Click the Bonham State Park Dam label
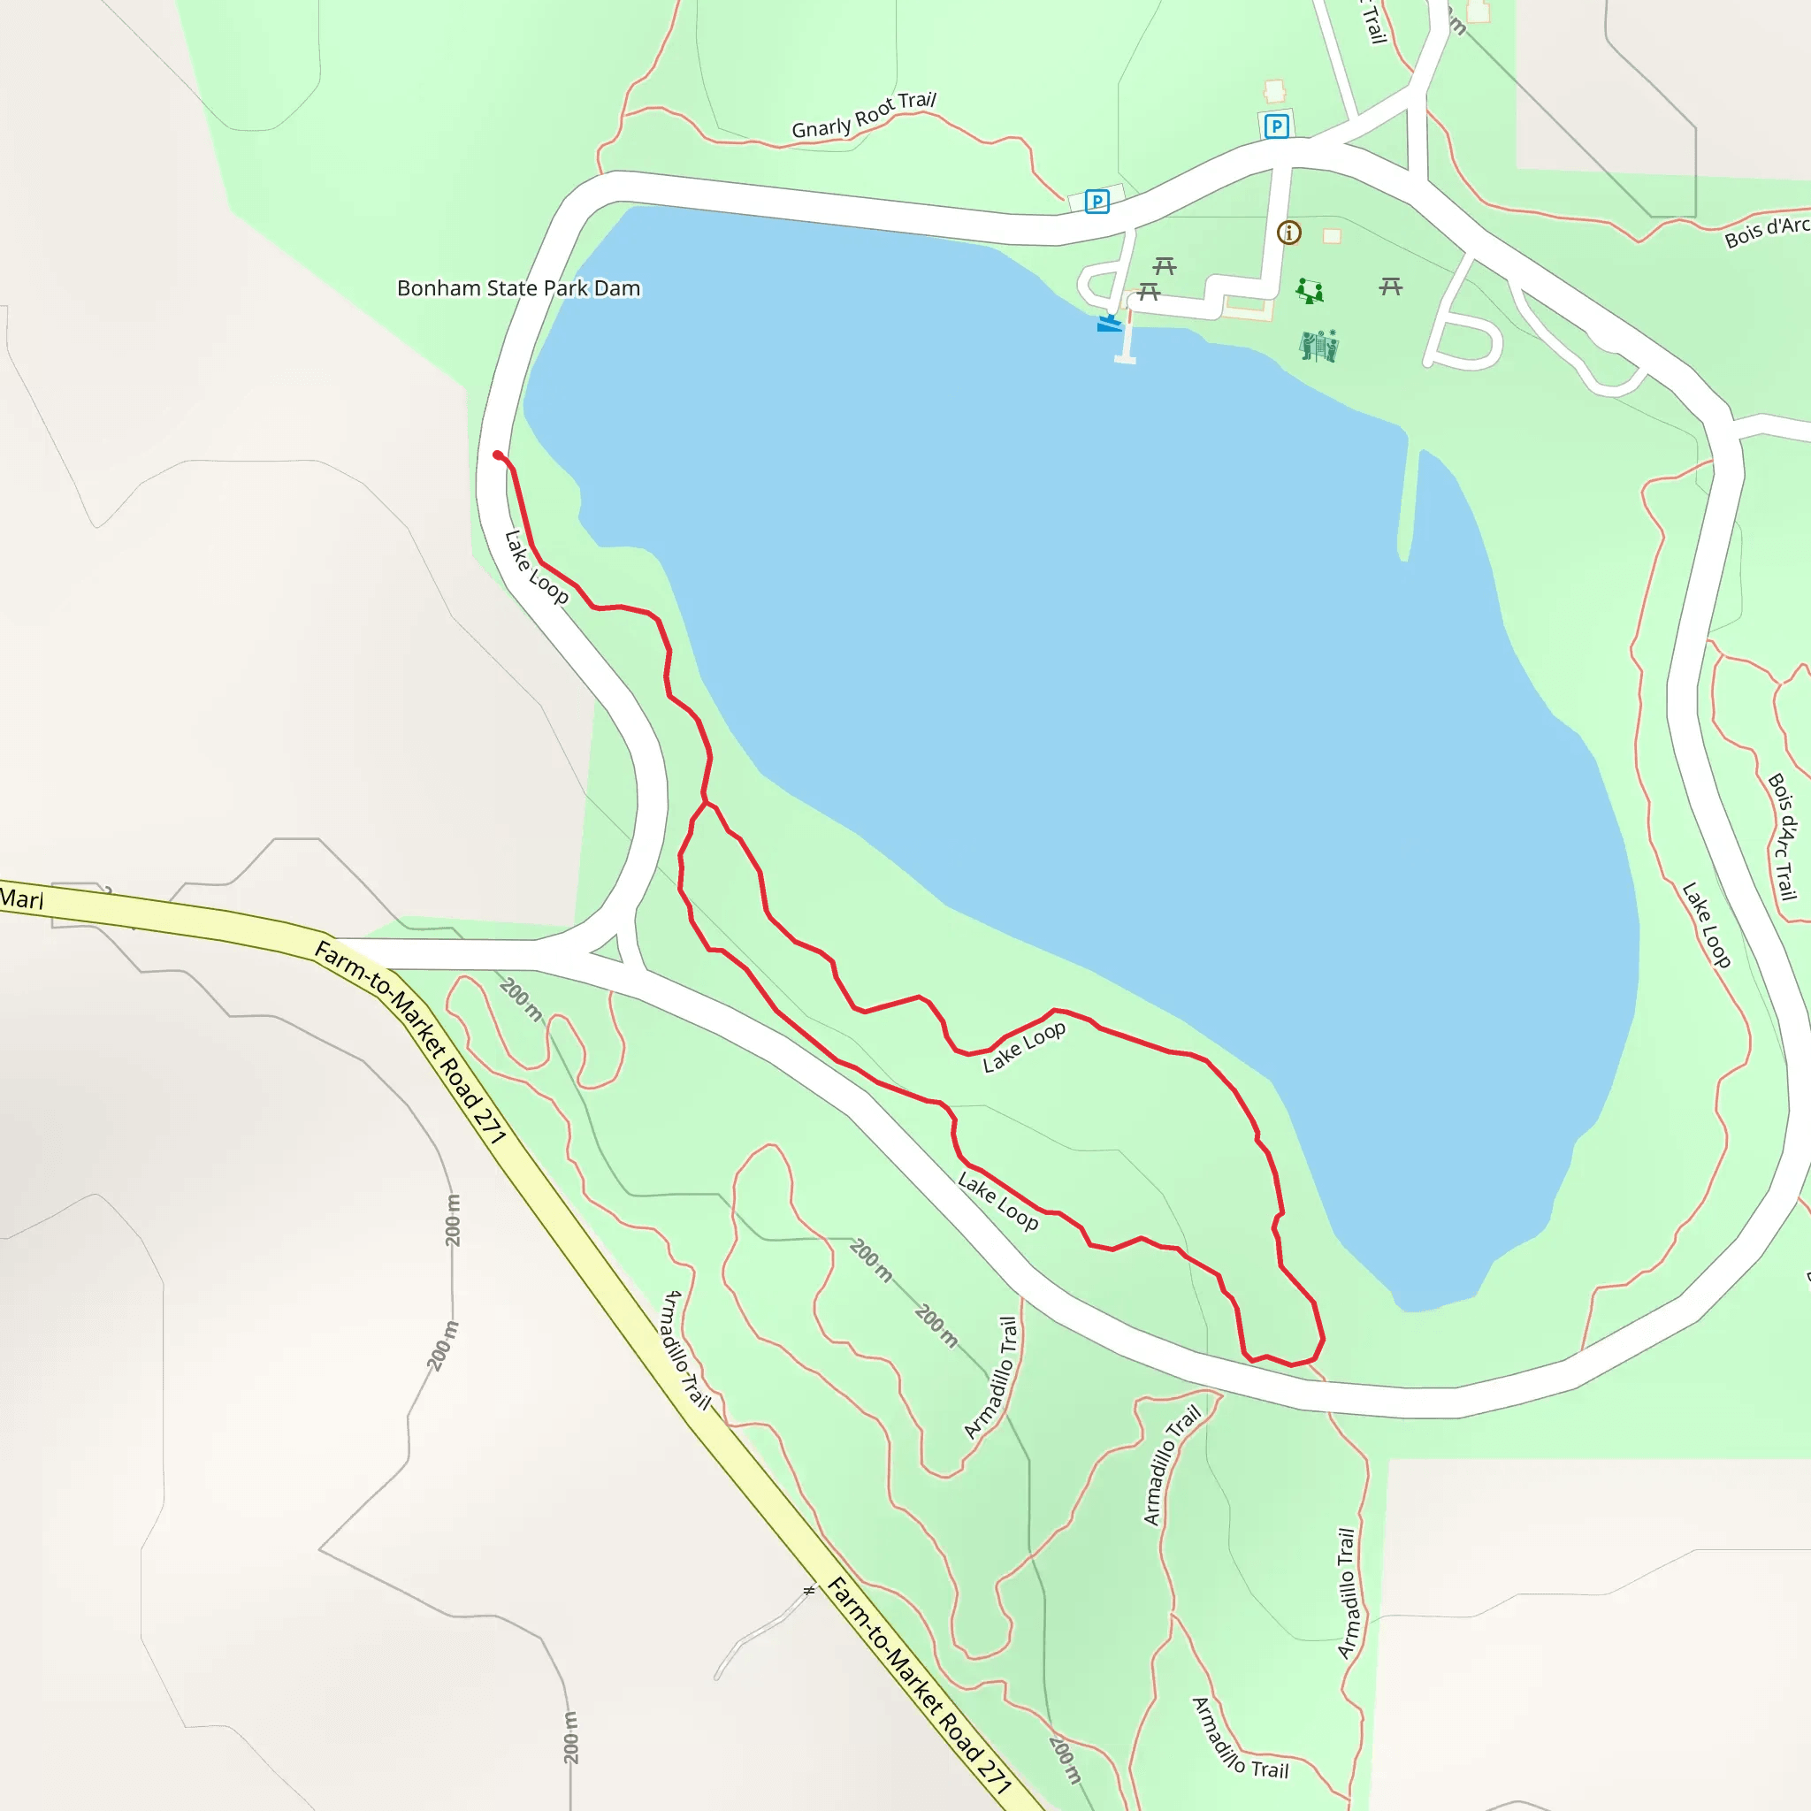click(518, 287)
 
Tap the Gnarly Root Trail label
click(863, 115)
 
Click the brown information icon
click(1289, 233)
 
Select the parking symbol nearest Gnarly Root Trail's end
click(1097, 201)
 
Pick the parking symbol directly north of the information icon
click(1276, 126)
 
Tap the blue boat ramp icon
click(1109, 324)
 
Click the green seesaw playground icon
click(1310, 291)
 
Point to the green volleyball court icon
click(1318, 346)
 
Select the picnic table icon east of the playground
click(1391, 286)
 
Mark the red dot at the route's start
click(498, 455)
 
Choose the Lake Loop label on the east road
click(1706, 924)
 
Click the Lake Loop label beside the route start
click(535, 568)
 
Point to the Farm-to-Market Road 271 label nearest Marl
click(409, 1041)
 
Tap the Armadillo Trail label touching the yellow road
click(687, 1349)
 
